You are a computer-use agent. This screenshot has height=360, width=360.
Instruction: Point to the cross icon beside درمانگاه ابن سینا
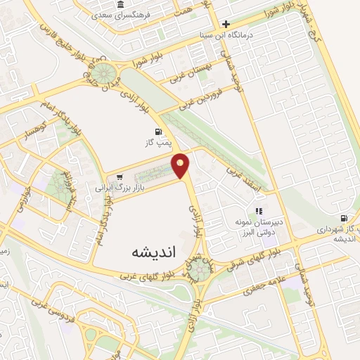click(226, 23)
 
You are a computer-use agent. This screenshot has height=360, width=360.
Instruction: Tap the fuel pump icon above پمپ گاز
click(157, 131)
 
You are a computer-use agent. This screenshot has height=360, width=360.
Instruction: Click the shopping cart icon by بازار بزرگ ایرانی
click(120, 177)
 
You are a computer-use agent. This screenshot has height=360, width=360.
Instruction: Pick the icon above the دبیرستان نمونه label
click(259, 210)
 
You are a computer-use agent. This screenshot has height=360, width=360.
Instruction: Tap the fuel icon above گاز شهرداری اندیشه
click(344, 219)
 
